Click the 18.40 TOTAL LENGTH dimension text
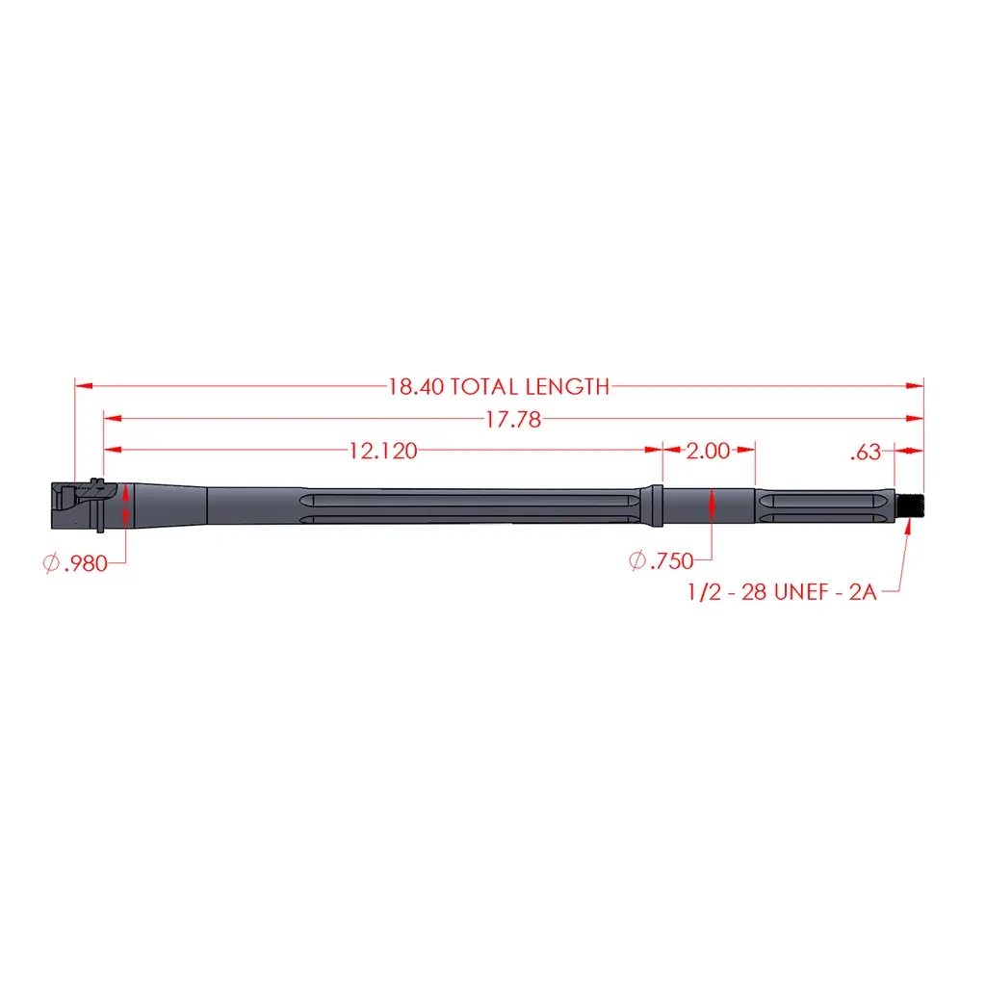coord(499,386)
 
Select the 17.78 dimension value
coord(513,420)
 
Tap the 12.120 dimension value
coord(383,451)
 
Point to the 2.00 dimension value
coord(708,451)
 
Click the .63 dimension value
coord(866,453)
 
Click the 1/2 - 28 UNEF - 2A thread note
coord(782,592)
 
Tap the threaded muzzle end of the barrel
coord(909,506)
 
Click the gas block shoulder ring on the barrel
coord(656,506)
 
